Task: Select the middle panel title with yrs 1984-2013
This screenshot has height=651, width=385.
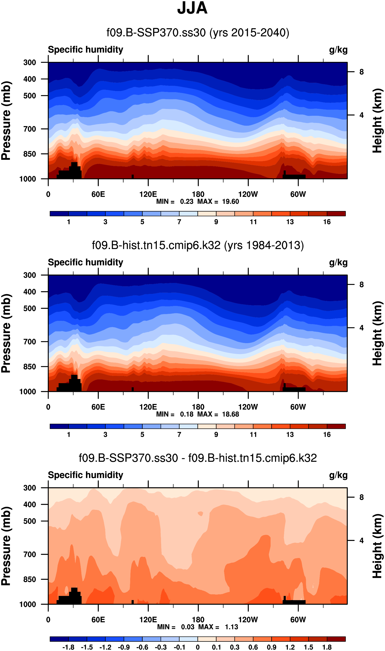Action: click(x=198, y=246)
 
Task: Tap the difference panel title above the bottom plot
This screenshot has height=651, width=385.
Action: click(x=198, y=458)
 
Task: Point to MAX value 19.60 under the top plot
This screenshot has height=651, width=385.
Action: click(x=230, y=202)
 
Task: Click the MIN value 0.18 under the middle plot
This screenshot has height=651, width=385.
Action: click(x=187, y=414)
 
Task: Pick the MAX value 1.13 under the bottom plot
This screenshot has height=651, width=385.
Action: click(x=231, y=627)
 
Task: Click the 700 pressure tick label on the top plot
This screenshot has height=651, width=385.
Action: click(x=30, y=129)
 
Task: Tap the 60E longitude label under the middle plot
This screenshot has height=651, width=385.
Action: click(x=98, y=407)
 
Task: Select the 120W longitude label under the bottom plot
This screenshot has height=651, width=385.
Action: click(x=248, y=620)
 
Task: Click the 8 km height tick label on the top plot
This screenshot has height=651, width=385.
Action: click(x=361, y=72)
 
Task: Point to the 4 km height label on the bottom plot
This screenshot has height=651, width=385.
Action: click(x=361, y=540)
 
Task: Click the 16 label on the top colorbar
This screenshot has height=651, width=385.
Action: click(x=327, y=222)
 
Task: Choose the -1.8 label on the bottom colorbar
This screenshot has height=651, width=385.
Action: click(x=68, y=647)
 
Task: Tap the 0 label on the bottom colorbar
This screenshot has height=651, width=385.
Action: click(x=198, y=647)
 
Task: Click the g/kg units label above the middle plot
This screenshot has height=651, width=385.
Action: click(x=338, y=263)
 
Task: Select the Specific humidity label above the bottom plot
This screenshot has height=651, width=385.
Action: click(x=85, y=475)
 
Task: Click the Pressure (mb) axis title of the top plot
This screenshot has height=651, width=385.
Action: click(x=6, y=121)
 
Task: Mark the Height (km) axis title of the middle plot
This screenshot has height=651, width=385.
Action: click(x=378, y=333)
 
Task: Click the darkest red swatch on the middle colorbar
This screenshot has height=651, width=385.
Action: click(x=336, y=426)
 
